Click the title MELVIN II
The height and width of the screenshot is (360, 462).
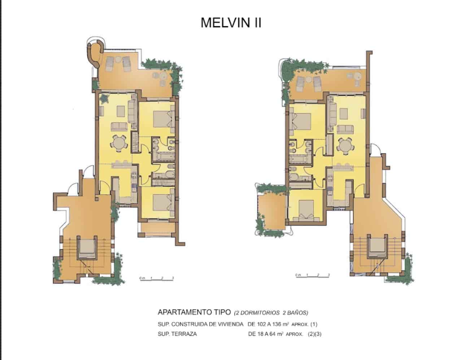coord(231,23)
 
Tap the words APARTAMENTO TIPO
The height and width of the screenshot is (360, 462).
coord(194,312)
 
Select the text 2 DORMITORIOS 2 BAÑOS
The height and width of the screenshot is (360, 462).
coord(271,312)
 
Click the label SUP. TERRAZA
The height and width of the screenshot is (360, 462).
coord(177,334)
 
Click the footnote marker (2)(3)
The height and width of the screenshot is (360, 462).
coord(314,334)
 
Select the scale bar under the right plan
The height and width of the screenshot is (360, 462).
coord(312,276)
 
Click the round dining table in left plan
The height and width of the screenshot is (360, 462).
coord(119,142)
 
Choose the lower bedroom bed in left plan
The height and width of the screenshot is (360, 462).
coord(163,202)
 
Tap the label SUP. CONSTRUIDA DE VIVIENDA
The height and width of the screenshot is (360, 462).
coord(200,324)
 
